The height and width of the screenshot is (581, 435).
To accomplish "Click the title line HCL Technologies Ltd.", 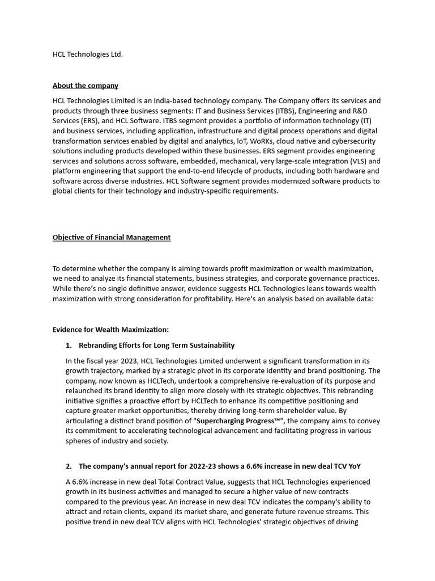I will pos(88,54).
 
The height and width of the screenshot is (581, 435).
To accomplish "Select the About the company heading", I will pos(86,86).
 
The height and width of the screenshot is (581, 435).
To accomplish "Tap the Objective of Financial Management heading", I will pos(112,237).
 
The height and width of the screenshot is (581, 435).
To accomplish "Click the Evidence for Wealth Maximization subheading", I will pos(110,330).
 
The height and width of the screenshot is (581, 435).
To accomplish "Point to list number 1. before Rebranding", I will pos(69,345).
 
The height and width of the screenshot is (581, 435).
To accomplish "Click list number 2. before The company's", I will pos(69,466).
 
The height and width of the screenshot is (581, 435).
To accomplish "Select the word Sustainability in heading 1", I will pos(210,345).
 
